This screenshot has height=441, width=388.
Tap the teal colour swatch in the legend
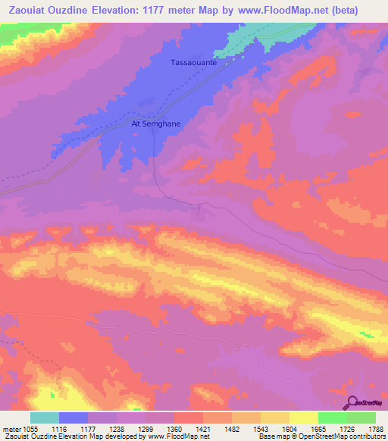point(45,418)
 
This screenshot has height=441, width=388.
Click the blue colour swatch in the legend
point(74,418)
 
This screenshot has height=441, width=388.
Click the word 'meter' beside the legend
point(11,429)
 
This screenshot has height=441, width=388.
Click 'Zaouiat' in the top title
point(27,10)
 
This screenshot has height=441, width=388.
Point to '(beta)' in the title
point(360,10)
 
